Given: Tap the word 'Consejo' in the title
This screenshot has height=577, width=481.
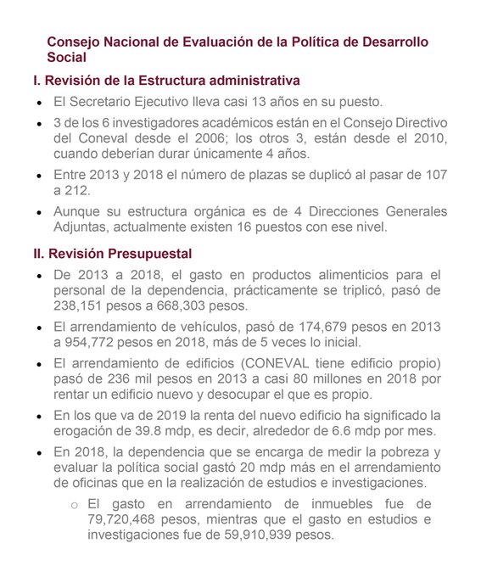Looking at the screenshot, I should [74, 42].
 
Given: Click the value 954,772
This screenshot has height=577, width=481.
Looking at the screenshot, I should [100, 342].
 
